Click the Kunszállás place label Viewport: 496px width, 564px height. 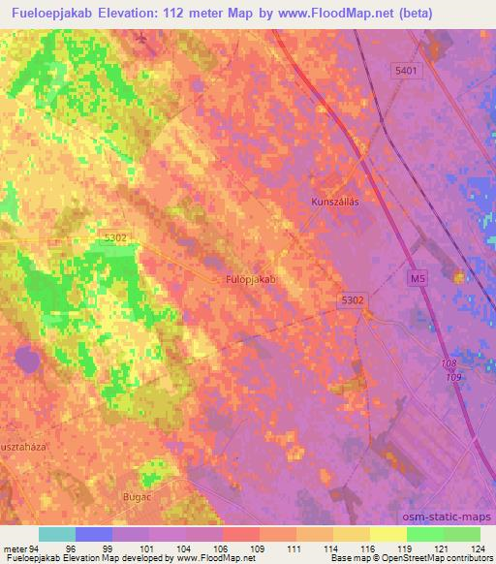pos(335,202)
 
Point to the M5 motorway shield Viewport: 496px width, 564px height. pos(417,279)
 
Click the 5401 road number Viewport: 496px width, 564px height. pos(406,71)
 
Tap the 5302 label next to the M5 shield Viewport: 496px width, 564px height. pos(353,300)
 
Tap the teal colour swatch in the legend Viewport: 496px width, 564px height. pos(57,534)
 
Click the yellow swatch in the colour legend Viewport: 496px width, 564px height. pos(387,534)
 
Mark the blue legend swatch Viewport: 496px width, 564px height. pos(94,534)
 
